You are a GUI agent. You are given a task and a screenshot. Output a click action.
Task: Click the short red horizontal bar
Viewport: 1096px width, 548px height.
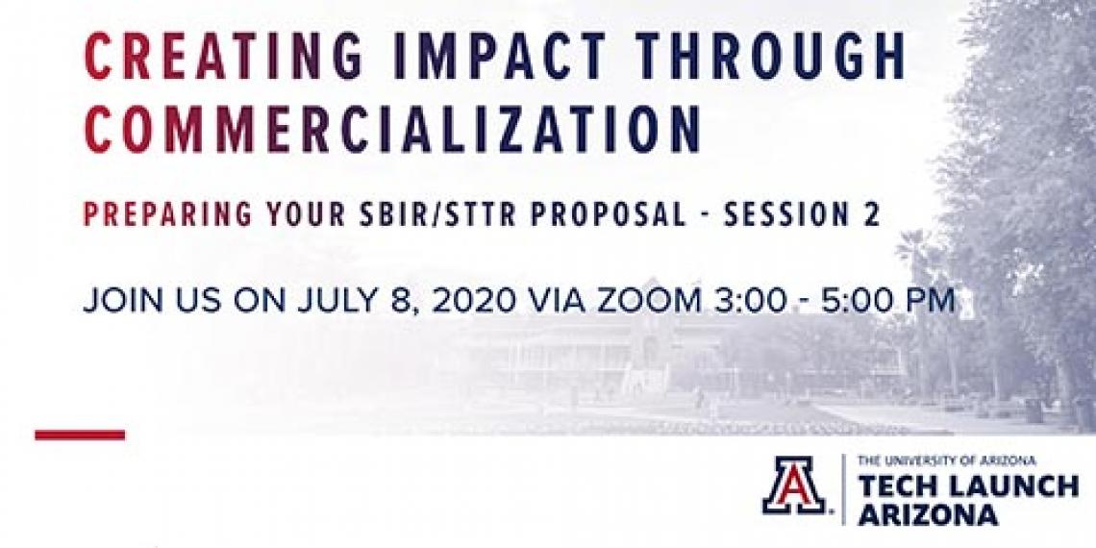(81, 435)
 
